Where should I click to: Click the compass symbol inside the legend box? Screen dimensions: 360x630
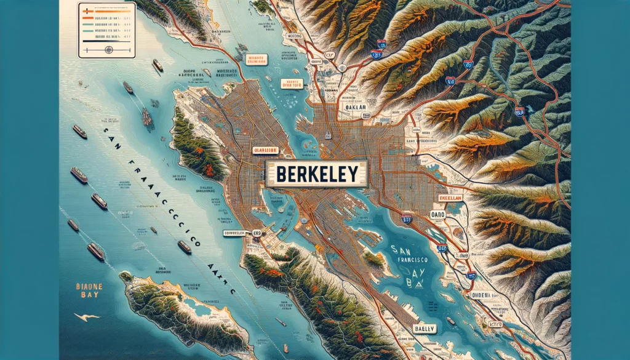[x=108, y=50]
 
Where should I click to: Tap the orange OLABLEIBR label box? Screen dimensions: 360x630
[x=266, y=150]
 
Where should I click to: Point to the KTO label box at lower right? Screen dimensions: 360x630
[x=494, y=322]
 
